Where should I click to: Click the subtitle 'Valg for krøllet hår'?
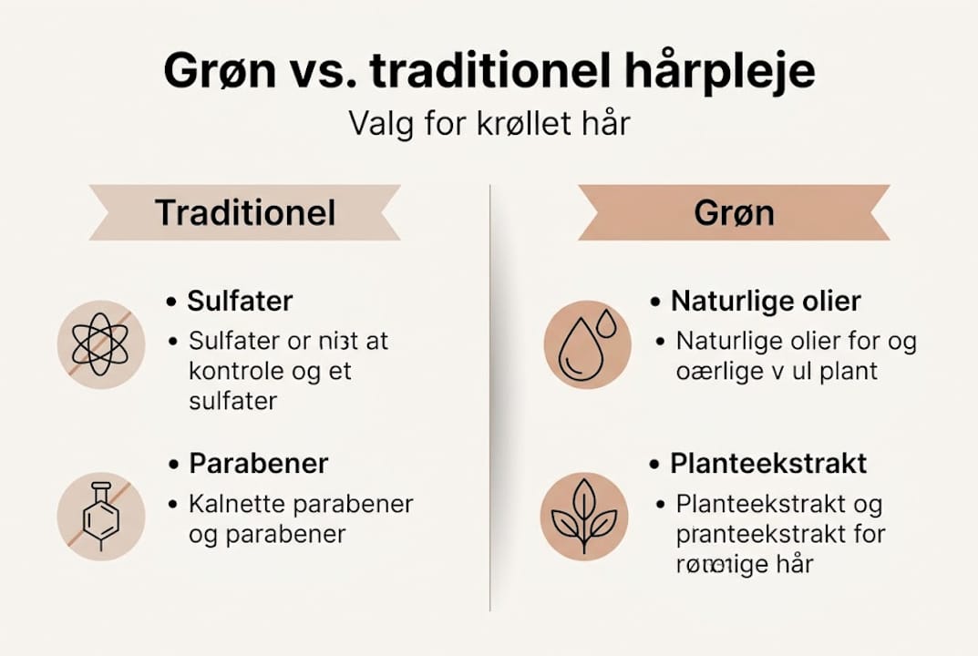coord(489,122)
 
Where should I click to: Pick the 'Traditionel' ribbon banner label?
coord(245,212)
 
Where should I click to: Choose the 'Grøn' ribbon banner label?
coord(734,212)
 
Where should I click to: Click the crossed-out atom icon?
coord(100,344)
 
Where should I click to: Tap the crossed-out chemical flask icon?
coord(100,516)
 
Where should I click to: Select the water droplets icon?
coord(587,344)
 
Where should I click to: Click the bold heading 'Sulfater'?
coord(240,302)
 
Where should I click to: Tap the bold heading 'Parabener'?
coord(258,463)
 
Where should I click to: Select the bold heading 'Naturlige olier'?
coord(766,302)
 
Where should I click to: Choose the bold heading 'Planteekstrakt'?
coord(768,463)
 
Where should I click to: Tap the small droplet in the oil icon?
coord(606,321)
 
